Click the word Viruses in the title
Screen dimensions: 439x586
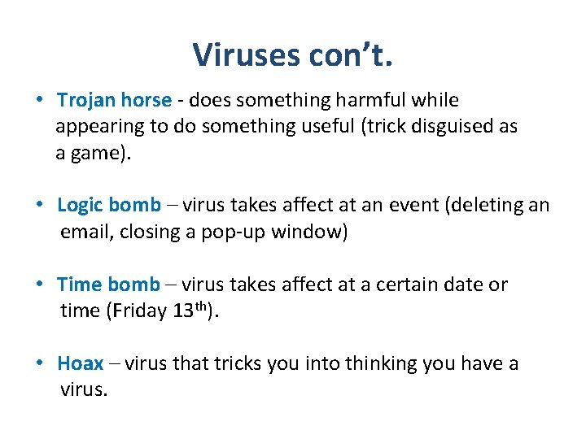pos(245,55)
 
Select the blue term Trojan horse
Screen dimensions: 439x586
pos(114,100)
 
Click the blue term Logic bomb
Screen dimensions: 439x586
pos(109,205)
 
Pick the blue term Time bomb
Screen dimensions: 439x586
pos(108,285)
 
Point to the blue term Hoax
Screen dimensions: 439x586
pos(80,363)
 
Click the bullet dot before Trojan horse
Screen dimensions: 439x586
pos(40,101)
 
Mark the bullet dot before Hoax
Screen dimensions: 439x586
pos(40,364)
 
